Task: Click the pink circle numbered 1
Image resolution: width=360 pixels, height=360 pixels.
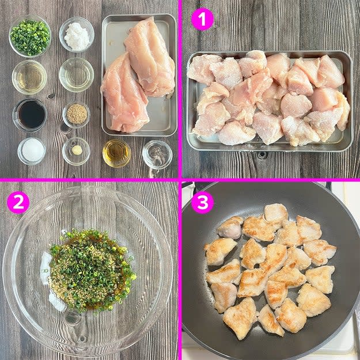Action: click(x=202, y=19)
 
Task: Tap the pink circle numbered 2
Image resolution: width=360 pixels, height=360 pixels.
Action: click(x=18, y=203)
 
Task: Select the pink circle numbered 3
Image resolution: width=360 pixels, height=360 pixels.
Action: click(x=202, y=203)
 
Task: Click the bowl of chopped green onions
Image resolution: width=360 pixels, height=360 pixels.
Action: click(x=30, y=36)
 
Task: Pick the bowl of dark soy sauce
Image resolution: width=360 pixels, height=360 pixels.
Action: click(x=30, y=115)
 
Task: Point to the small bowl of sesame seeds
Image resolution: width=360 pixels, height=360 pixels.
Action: click(x=77, y=115)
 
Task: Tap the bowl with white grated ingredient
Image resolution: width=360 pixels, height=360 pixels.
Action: click(x=77, y=35)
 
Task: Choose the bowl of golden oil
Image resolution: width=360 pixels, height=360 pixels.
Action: click(x=116, y=153)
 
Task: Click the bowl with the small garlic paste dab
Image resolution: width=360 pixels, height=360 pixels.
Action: click(x=76, y=151)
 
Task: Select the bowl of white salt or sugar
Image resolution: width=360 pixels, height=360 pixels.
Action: click(x=32, y=150)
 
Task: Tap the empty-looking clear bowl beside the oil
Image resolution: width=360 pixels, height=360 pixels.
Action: click(x=157, y=154)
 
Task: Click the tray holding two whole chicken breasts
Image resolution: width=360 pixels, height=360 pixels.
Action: click(x=139, y=75)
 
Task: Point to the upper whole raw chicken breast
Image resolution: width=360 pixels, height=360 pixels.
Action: click(x=149, y=56)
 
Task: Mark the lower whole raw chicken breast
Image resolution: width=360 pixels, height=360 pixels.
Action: click(x=124, y=94)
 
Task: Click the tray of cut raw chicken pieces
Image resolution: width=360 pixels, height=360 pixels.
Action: click(x=269, y=101)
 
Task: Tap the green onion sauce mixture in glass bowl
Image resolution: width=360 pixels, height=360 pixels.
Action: click(x=90, y=270)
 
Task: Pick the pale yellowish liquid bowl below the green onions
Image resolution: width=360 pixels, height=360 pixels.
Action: click(x=29, y=77)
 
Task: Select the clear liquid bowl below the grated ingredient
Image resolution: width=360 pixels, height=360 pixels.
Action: click(x=77, y=75)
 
